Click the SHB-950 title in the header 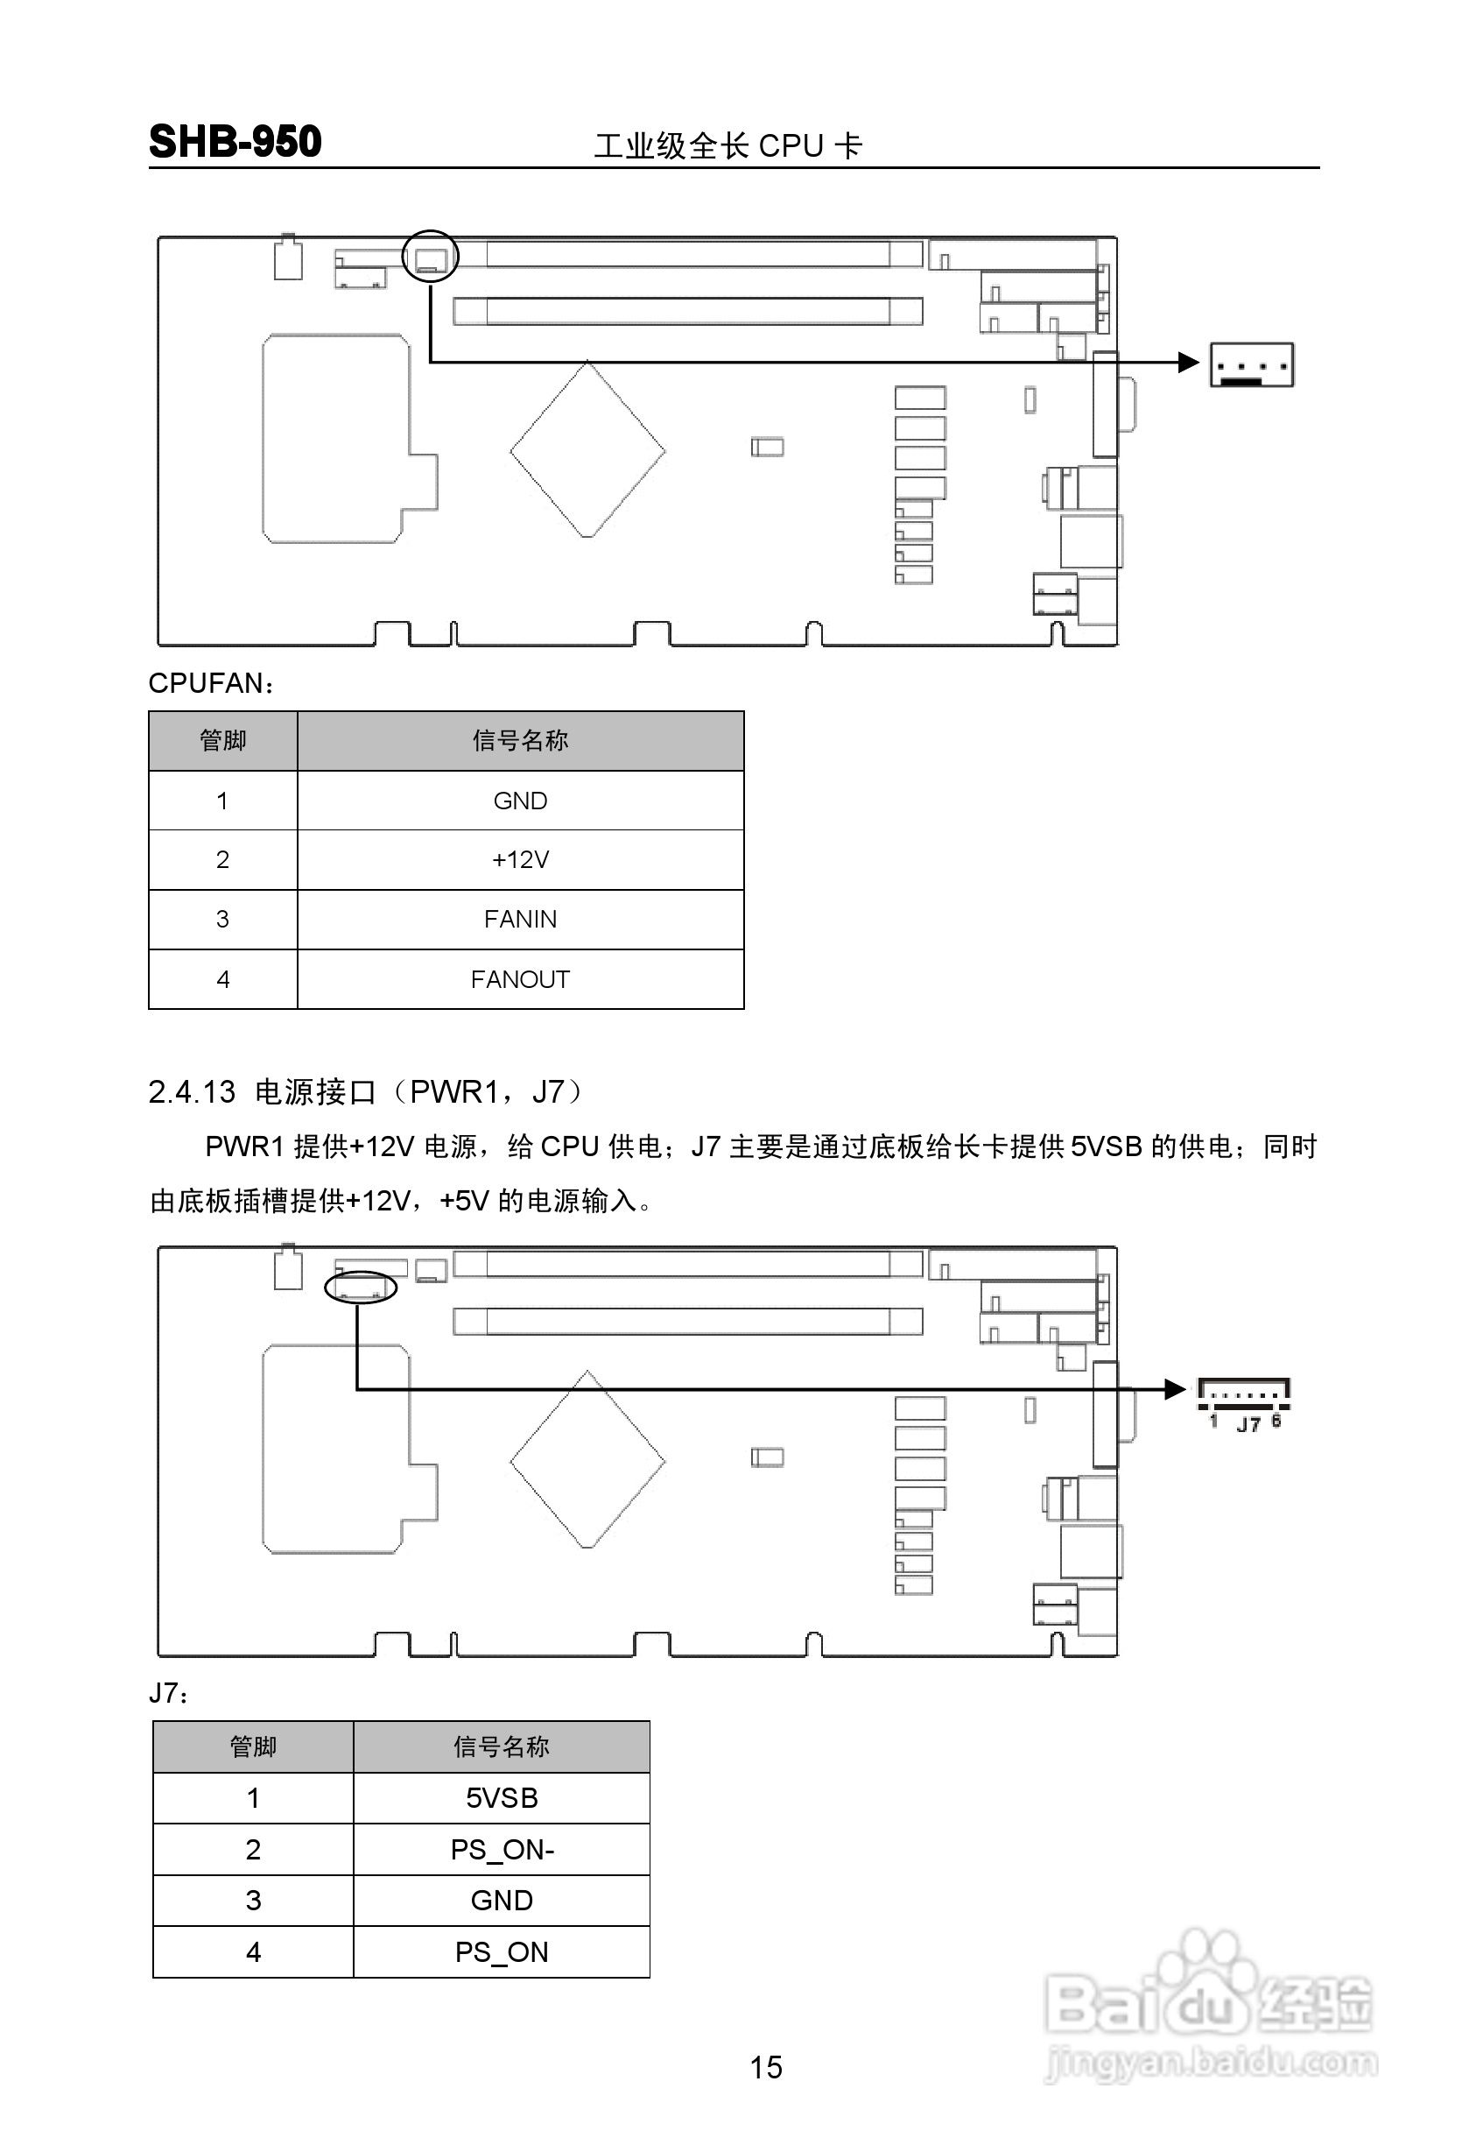235,142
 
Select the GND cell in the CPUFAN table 520,801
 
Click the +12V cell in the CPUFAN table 520,860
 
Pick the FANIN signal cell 520,920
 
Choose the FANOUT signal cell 520,979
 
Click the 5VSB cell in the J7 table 501,1798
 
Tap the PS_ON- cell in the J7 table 501,1850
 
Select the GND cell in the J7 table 501,1901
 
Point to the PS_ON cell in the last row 501,1952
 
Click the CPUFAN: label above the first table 211,684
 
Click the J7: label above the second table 170,1694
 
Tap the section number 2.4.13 192,1093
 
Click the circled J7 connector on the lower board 361,1287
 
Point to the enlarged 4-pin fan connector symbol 1250,364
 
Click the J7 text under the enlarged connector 1248,1424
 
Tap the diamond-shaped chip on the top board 587,450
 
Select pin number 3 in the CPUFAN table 222,920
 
